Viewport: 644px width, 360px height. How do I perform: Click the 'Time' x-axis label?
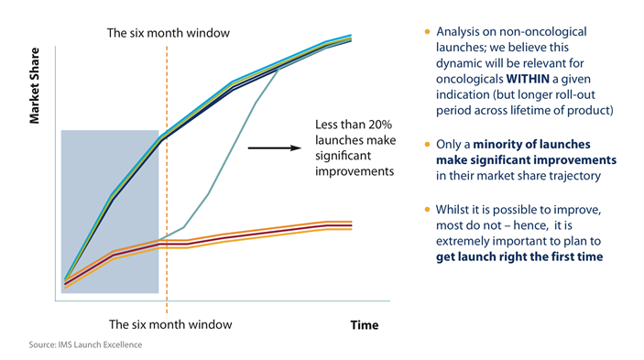click(x=364, y=325)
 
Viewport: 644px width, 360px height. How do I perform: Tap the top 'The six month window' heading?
click(x=169, y=34)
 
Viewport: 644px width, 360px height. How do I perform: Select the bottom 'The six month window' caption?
click(x=170, y=324)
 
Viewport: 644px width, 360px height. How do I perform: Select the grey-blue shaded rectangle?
click(x=109, y=211)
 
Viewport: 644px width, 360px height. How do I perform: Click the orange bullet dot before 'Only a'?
click(x=427, y=145)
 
